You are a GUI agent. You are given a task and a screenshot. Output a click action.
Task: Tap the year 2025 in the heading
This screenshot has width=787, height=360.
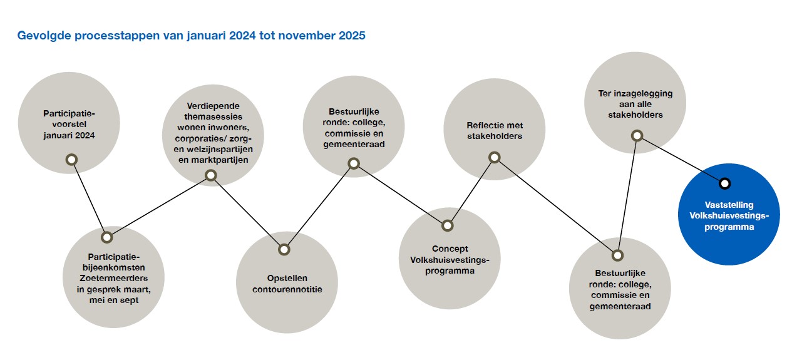tap(352, 36)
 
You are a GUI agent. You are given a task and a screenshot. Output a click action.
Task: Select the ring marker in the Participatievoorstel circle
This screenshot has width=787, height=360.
tap(71, 160)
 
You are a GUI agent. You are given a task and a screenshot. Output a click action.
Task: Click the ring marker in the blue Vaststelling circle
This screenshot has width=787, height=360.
tap(724, 183)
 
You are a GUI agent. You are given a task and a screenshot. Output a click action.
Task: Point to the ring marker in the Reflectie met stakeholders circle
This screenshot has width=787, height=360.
tap(495, 157)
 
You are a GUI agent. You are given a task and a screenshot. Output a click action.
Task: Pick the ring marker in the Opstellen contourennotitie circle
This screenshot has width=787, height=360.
tap(284, 250)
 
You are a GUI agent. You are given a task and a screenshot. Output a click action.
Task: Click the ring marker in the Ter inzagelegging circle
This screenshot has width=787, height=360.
tap(637, 136)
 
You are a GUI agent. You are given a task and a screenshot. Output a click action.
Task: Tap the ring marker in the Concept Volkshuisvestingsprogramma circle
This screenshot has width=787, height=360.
tap(447, 225)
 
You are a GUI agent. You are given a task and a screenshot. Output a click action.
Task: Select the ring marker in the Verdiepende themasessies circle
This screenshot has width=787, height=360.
tap(211, 175)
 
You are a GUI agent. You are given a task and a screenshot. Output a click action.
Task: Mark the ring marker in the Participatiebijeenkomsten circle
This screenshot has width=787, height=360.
tap(107, 237)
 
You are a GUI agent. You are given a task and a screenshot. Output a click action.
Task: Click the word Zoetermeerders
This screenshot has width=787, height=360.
tap(113, 278)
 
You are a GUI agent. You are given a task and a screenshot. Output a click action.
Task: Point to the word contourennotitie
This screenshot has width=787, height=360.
tap(287, 289)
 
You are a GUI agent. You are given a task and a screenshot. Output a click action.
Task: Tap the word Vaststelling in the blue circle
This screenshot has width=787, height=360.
tap(729, 205)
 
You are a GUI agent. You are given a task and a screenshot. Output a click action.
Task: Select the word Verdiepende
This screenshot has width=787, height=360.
tap(213, 106)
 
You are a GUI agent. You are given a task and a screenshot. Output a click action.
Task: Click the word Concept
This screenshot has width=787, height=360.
tap(450, 249)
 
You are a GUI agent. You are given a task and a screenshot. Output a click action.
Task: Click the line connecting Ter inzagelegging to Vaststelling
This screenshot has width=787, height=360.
tap(681, 160)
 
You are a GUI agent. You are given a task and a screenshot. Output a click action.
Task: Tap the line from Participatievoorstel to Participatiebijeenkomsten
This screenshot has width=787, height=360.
tap(90, 199)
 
